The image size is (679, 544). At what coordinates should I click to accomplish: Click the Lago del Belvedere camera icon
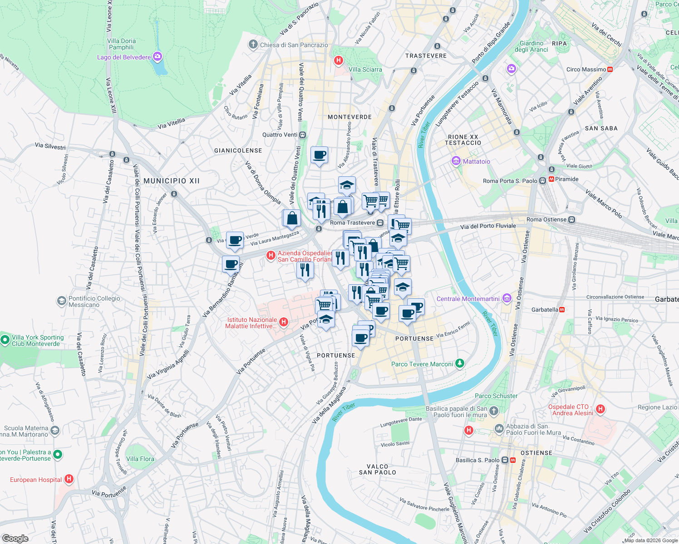[157, 57]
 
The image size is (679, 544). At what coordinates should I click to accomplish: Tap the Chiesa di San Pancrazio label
[294, 45]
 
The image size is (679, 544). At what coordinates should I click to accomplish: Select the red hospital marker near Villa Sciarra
[338, 60]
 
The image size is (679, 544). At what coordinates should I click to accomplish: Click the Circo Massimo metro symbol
[610, 69]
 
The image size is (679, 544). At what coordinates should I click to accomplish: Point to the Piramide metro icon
[551, 179]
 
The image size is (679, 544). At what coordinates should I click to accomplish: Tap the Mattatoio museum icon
[456, 161]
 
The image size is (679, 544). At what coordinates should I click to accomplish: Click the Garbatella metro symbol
[562, 310]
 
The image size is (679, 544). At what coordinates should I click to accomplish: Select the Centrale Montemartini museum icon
[507, 298]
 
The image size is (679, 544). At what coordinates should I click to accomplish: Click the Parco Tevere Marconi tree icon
[460, 364]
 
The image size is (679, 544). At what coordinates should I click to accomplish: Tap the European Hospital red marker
[69, 479]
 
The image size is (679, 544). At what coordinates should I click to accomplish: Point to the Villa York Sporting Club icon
[5, 340]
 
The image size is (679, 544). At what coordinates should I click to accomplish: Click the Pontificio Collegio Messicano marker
[61, 301]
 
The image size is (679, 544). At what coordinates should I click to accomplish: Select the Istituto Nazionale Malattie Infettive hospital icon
[284, 322]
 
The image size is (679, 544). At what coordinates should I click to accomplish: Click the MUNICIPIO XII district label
[172, 181]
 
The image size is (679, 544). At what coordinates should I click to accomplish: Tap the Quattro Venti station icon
[303, 135]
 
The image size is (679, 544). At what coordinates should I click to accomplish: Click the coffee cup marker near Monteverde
[319, 155]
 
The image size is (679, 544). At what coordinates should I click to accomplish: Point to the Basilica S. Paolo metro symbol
[513, 460]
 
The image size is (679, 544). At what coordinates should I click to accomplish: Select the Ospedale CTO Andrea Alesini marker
[600, 409]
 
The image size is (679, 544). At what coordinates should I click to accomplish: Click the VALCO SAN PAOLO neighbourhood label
[377, 469]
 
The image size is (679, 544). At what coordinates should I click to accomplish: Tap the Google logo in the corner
[15, 538]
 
